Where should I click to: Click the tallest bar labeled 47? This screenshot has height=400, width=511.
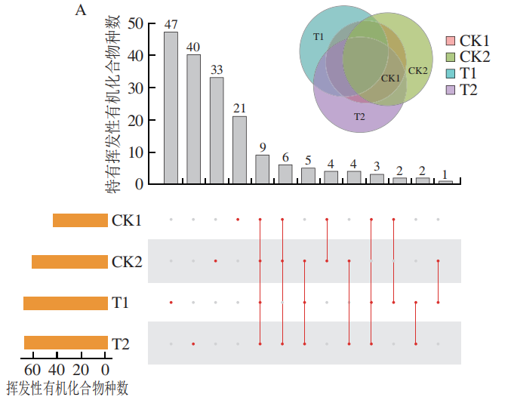point(171,108)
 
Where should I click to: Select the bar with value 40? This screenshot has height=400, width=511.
point(194,119)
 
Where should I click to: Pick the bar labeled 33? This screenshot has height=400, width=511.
point(217,131)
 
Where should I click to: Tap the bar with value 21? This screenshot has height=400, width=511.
point(239,149)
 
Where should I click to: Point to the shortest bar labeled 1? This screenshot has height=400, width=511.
point(445,182)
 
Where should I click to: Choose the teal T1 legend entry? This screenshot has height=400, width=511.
point(451,73)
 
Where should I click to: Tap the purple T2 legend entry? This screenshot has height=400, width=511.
point(451,90)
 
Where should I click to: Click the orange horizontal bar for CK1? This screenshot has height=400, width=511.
point(80,220)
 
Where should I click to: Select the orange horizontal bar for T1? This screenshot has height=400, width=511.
point(66,303)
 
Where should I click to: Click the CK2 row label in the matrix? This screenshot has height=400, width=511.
point(126,262)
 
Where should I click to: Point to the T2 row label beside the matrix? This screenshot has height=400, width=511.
point(121,344)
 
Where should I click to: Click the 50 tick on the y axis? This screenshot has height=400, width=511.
point(136,23)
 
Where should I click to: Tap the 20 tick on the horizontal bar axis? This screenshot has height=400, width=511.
point(81,371)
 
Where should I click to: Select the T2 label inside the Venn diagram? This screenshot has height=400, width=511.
point(359,116)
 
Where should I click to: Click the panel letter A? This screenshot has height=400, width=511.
point(79,11)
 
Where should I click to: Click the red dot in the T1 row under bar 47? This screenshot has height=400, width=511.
point(171,303)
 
